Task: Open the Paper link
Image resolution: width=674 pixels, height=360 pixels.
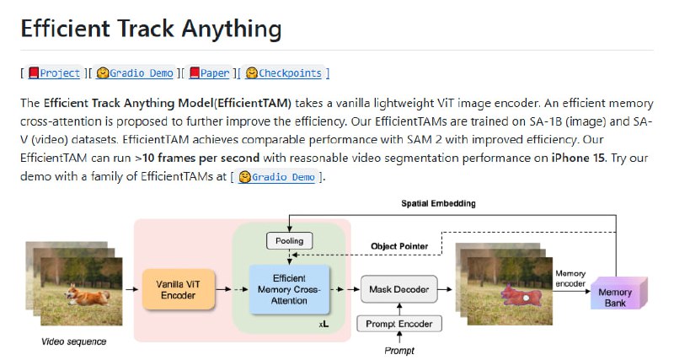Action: (214, 73)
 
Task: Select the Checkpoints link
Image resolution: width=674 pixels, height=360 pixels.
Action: (289, 73)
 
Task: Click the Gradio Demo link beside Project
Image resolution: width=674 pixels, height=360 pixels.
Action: (140, 73)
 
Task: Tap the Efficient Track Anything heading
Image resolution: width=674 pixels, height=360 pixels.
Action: (151, 30)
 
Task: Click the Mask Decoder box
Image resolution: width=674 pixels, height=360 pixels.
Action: (399, 291)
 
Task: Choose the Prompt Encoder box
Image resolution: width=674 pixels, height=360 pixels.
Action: (399, 324)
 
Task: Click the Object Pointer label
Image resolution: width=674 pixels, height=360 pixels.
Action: (399, 246)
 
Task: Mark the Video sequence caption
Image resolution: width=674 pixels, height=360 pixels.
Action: (74, 341)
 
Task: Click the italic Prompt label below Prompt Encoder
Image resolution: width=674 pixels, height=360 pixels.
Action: (399, 350)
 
